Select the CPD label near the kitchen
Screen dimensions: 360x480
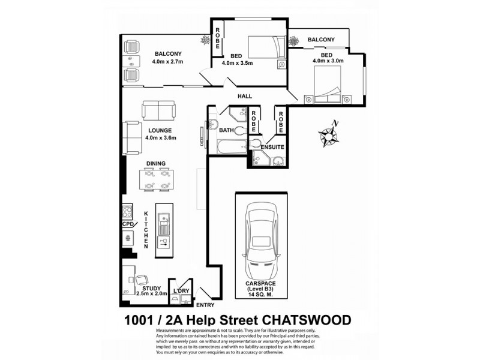click(128, 224)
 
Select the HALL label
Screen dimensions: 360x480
click(245, 96)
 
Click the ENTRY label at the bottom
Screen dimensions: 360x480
click(205, 305)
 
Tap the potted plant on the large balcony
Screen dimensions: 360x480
click(208, 41)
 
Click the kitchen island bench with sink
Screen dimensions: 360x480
click(163, 228)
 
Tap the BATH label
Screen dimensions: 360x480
click(226, 130)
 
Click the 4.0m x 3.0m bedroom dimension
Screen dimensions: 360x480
click(328, 61)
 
